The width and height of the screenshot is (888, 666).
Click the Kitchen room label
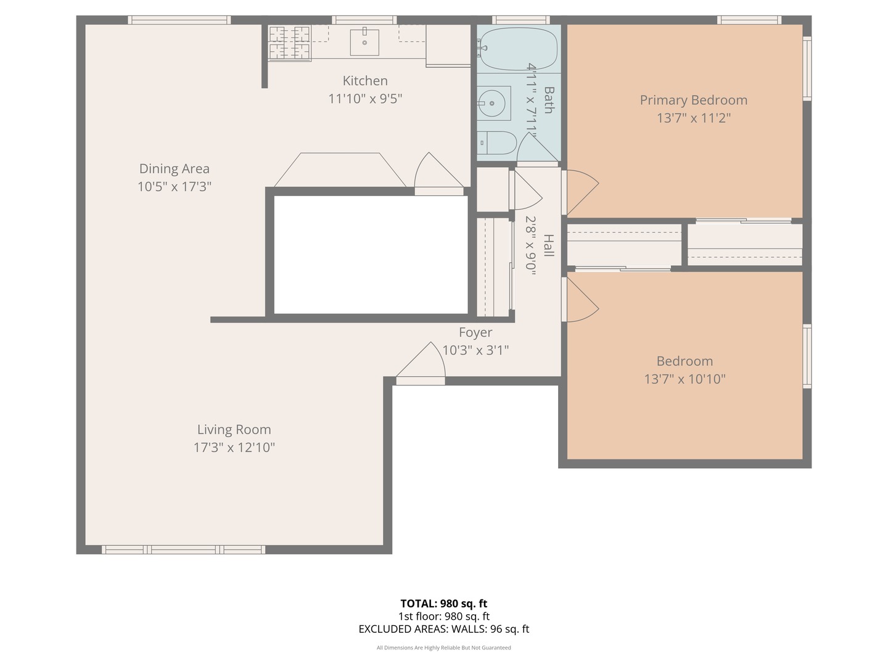click(365, 81)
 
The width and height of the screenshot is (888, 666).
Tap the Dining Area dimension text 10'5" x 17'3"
click(175, 186)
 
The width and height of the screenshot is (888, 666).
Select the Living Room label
click(234, 430)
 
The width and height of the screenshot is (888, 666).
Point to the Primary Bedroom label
click(693, 100)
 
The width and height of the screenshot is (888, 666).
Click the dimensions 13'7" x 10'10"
click(684, 379)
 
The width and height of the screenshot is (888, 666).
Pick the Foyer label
click(475, 332)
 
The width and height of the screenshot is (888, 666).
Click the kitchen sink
click(364, 41)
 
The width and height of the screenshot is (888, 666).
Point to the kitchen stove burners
click(289, 43)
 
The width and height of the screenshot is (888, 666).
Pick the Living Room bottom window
click(183, 549)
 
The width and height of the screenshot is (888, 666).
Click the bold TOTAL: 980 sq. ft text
click(443, 604)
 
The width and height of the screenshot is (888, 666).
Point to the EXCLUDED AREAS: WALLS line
click(443, 629)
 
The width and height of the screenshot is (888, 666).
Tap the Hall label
click(548, 245)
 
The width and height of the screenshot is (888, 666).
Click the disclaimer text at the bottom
click(443, 647)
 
